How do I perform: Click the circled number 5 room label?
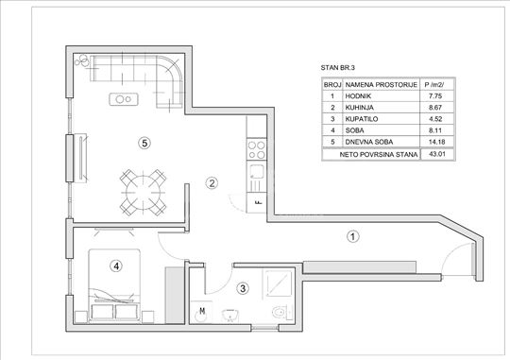coord(144,143)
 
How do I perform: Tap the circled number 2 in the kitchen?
coord(212,183)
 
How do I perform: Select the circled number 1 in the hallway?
coord(353,236)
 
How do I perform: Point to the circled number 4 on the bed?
coord(116,266)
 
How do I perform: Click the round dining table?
coord(143,192)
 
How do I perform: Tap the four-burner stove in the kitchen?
coord(257,149)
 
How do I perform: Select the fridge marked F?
coord(257,202)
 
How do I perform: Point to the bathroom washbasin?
coord(230,315)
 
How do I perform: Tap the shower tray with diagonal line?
coord(278,283)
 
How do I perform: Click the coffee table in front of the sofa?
coord(124,99)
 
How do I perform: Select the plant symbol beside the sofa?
coord(82,60)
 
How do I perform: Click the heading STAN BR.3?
coord(338,68)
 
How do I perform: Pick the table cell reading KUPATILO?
coord(362,119)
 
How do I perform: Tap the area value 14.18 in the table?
coord(437,142)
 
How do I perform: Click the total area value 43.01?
coord(437,154)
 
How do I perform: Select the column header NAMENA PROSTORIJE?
coord(382,85)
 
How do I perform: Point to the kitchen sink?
coord(257,171)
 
